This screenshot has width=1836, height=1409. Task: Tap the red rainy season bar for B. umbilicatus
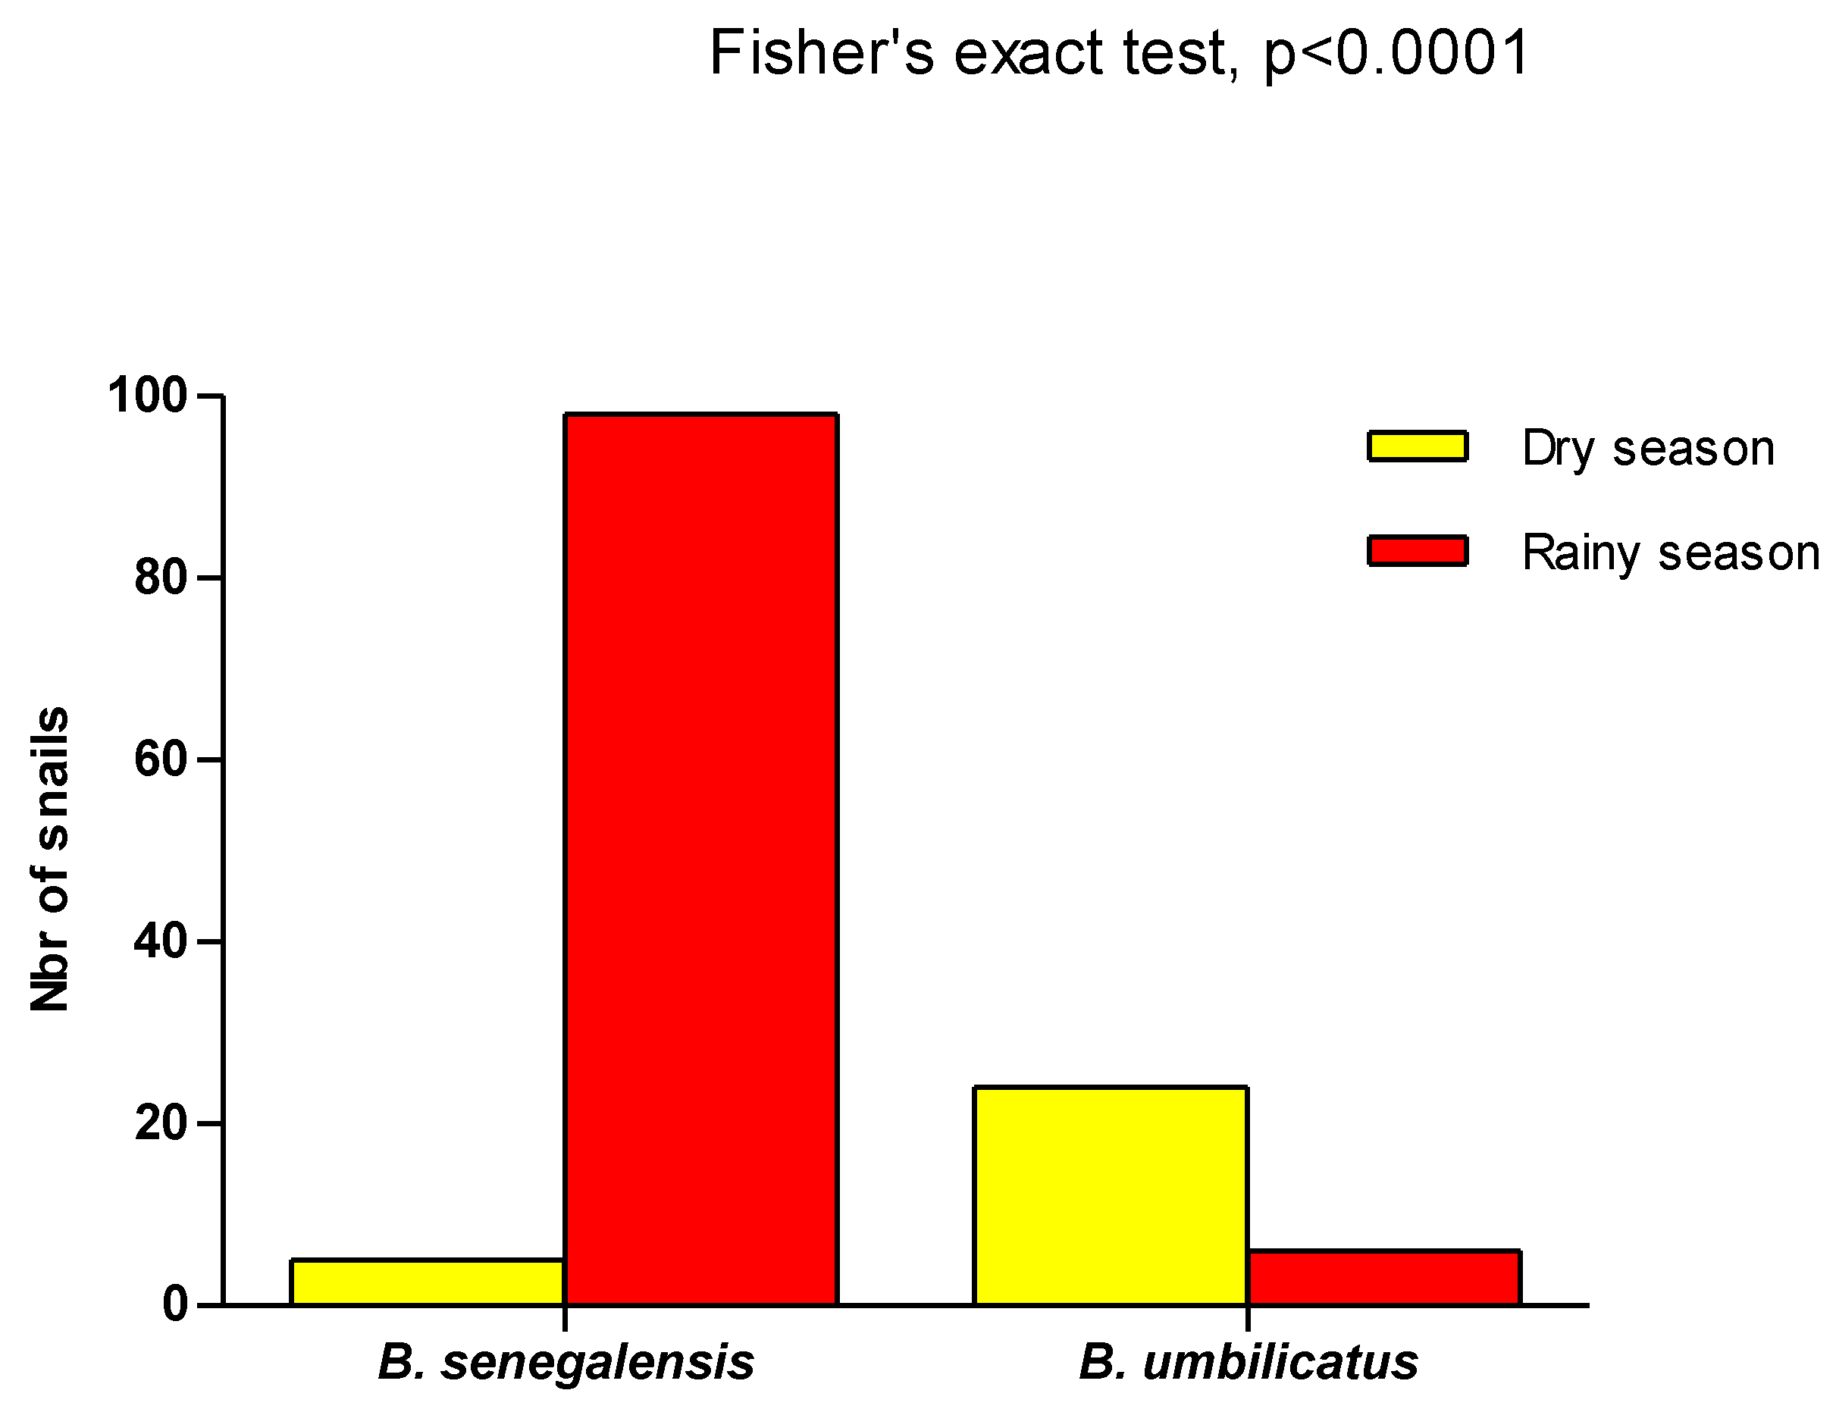[x=1383, y=1277]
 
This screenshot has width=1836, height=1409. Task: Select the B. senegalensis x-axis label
[x=566, y=1361]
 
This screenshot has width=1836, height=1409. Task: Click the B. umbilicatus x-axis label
[x=1247, y=1361]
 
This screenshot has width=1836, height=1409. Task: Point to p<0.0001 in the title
[x=1396, y=53]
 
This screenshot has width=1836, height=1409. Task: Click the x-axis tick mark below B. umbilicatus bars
[x=1247, y=1317]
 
